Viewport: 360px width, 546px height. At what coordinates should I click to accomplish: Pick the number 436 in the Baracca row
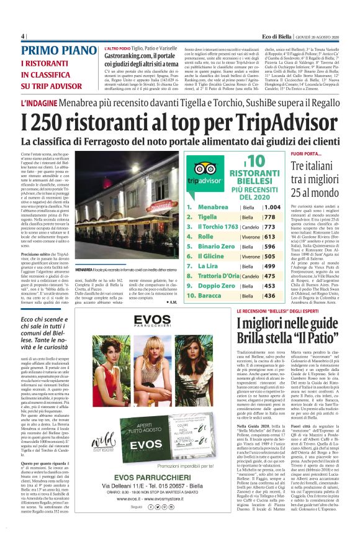click(x=269, y=296)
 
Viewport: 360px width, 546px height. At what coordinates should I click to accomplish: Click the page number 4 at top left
click(x=23, y=35)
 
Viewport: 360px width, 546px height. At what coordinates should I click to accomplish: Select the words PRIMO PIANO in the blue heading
click(x=54, y=52)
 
